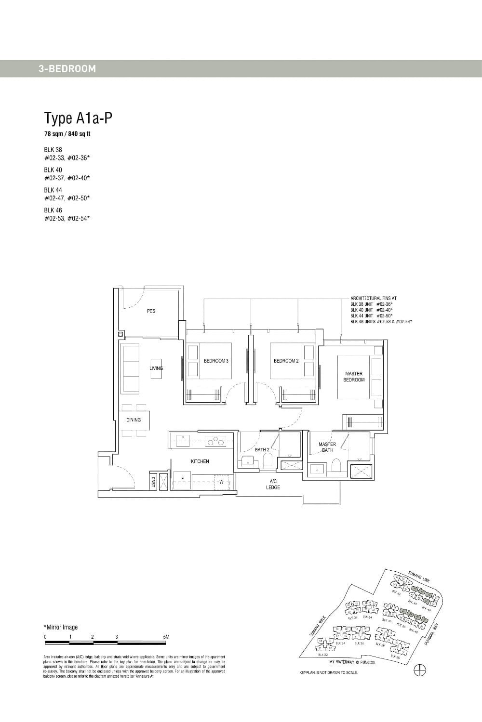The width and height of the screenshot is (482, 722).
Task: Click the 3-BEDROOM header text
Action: [x=67, y=69]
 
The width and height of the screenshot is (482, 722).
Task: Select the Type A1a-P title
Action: [x=78, y=118]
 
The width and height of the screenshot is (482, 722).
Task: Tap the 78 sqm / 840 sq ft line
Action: [x=67, y=134]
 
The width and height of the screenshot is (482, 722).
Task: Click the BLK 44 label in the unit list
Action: [x=53, y=190]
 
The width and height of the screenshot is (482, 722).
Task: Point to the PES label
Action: [x=151, y=311]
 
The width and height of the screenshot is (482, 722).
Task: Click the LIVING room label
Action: [x=156, y=368]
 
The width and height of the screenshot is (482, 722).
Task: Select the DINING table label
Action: [x=134, y=420]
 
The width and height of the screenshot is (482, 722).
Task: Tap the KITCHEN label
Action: [x=200, y=461]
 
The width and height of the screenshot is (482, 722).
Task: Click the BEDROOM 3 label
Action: [x=216, y=361]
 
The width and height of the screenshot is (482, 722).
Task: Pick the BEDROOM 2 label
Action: [x=286, y=361]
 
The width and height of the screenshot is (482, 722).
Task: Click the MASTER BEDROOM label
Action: [x=354, y=377]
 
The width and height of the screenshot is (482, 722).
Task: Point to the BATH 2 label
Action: [x=262, y=450]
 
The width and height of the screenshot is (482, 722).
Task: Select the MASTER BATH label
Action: [x=327, y=447]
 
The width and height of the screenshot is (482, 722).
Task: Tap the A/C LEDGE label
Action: [x=273, y=484]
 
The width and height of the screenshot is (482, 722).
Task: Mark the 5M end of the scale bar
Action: [x=166, y=637]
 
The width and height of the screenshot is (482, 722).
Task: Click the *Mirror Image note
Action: [x=61, y=627]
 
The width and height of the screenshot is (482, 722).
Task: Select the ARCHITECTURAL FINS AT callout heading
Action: [x=374, y=298]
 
